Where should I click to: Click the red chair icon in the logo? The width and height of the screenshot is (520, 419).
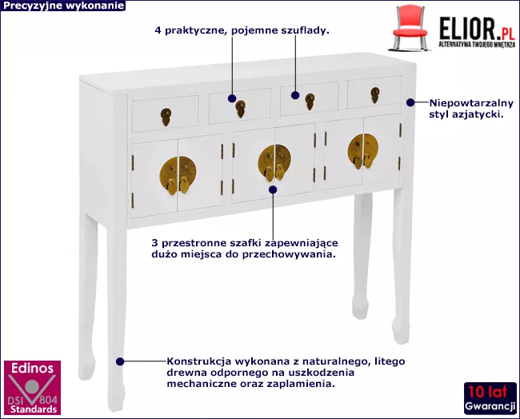[x=410, y=29]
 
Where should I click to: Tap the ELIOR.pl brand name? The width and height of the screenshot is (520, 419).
[x=477, y=29]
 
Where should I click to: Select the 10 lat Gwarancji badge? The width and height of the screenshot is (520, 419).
[x=490, y=398]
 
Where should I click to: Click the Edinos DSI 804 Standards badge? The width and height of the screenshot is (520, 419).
[x=32, y=388]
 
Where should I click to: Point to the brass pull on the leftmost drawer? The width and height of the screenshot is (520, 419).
[x=166, y=117]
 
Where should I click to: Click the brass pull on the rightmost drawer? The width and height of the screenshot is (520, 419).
[x=375, y=95]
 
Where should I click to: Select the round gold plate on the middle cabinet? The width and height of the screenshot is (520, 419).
[x=274, y=162]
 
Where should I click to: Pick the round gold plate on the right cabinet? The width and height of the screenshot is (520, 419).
[x=363, y=151]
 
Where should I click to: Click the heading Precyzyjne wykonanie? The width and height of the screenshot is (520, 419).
[x=63, y=6]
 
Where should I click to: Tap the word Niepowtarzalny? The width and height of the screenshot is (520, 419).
[x=471, y=103]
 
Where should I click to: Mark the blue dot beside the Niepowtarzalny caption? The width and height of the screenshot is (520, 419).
[x=410, y=102]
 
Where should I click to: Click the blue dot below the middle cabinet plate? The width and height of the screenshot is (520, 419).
[x=273, y=190]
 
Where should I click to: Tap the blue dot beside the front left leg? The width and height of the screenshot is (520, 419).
[x=120, y=361]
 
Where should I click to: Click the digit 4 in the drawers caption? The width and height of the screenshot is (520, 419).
[x=158, y=30]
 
